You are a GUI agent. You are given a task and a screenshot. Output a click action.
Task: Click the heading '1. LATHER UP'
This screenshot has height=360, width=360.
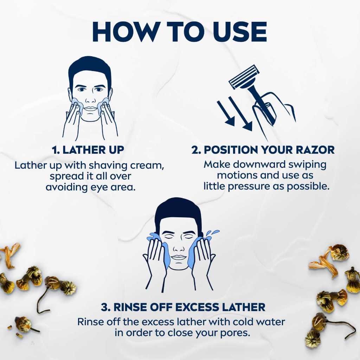pos(88,150)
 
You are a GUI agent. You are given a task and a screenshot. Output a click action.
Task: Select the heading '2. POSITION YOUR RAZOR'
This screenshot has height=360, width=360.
pos(263,150)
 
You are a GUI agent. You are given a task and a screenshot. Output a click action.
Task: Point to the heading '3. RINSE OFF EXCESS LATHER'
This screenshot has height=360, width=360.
pos(183,307)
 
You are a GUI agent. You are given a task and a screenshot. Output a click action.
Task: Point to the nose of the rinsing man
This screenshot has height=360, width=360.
pos(178,247)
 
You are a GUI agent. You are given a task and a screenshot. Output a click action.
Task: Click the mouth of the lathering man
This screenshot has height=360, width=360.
pos(91,108)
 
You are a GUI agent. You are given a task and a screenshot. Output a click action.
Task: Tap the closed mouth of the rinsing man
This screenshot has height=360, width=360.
pos(179,257)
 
